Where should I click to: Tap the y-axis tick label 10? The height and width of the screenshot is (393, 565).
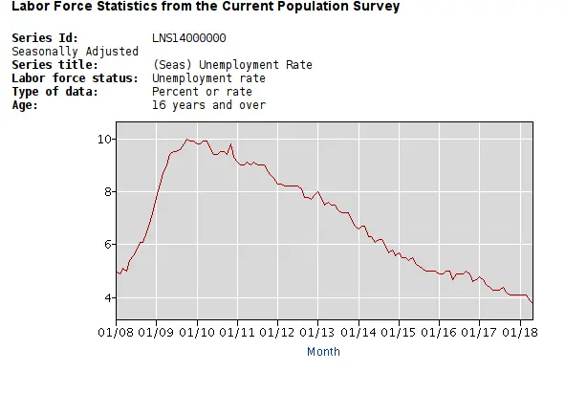tap(104, 140)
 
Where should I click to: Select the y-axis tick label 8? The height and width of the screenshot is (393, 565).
tap(108, 192)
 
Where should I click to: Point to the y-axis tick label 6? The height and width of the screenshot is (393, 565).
tap(108, 245)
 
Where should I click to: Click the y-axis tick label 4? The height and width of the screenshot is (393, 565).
tap(108, 298)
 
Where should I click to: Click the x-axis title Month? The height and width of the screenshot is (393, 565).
tap(323, 352)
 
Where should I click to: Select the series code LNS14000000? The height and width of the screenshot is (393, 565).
tap(189, 38)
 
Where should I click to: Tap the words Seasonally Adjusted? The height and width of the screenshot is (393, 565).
tap(62, 52)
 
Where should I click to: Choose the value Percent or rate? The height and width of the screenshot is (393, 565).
tap(202, 92)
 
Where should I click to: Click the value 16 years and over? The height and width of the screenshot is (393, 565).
tap(208, 105)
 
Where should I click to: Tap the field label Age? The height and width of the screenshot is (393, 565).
tap(25, 105)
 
